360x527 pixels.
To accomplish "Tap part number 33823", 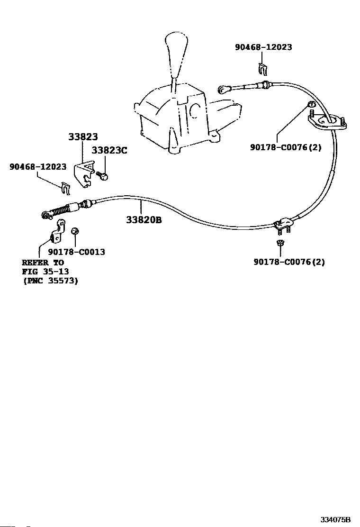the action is point(83,137).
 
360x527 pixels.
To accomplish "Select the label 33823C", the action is point(109,150).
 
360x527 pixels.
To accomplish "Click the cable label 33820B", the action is point(144,220).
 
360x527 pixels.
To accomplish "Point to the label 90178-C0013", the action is point(77,252).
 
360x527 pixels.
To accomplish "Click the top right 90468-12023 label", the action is point(264,47).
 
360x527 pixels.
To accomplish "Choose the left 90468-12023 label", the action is point(38,167).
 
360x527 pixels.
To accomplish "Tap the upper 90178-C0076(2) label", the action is point(286,147).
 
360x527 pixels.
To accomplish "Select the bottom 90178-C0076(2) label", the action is point(289,262).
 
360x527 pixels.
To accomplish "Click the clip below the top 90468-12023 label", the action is point(263,69).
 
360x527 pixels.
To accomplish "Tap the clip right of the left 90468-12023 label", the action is point(66,188).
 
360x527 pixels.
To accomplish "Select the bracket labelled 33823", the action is point(84,173).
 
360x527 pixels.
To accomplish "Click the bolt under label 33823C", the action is point(102,175).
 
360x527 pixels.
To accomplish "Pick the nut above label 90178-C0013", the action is point(75,231).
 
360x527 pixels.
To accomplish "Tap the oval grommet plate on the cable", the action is point(327,122).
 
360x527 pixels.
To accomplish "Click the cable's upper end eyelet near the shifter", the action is point(222,89).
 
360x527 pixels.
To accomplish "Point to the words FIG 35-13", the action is point(45,272).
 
